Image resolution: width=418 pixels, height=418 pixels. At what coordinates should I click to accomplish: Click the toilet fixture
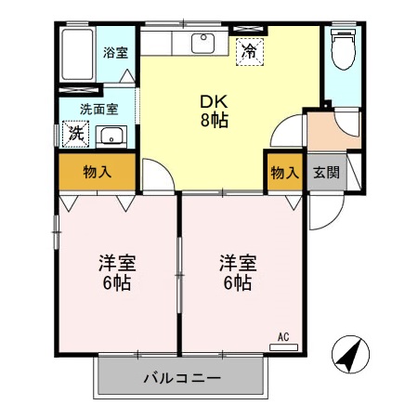pyautogui.click(x=343, y=51)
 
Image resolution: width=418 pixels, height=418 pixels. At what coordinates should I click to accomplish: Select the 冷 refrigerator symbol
pyautogui.click(x=248, y=52)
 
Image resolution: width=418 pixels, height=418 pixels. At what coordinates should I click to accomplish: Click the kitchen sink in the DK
pyautogui.click(x=203, y=43)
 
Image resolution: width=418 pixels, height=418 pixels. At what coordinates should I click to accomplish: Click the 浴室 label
pyautogui.click(x=116, y=52)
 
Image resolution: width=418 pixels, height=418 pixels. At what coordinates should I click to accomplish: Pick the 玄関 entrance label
pyautogui.click(x=324, y=172)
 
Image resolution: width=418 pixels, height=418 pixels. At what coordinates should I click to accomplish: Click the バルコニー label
pyautogui.click(x=182, y=378)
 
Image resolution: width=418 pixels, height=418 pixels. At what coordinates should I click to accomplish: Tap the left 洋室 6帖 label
pyautogui.click(x=115, y=271)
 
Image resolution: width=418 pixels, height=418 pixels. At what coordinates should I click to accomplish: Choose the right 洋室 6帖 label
pyautogui.click(x=236, y=271)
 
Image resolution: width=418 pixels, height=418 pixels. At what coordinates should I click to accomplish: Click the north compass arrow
pyautogui.click(x=350, y=356)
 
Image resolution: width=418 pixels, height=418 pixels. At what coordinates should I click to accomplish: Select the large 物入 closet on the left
pyautogui.click(x=98, y=172)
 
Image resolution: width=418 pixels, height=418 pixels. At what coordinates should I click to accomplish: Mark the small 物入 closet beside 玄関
pyautogui.click(x=284, y=172)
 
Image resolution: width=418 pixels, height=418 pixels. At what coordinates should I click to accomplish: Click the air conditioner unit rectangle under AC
pyautogui.click(x=284, y=346)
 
